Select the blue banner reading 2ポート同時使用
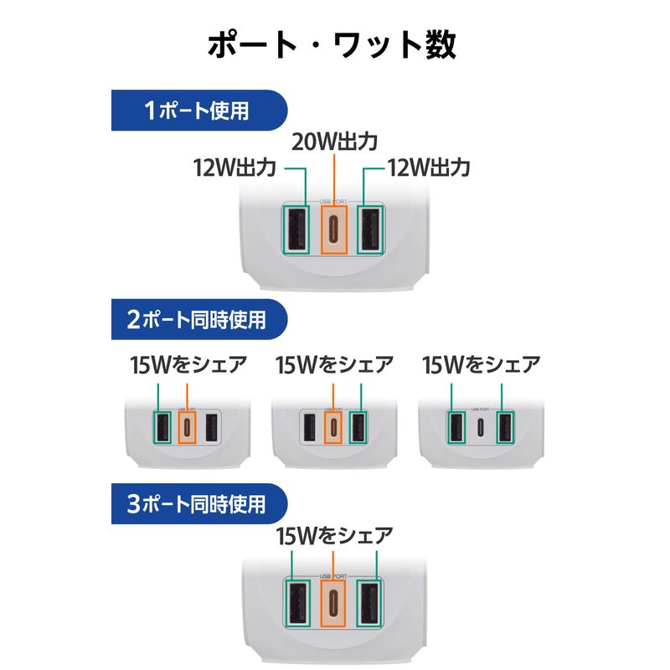tap(199, 318)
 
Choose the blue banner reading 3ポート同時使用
tap(199, 503)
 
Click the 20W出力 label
tap(333, 142)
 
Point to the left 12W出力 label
tap(234, 167)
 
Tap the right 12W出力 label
tap(429, 167)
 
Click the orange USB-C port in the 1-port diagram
tap(333, 228)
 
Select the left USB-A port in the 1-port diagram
tap(295, 228)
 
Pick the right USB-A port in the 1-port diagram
tap(372, 228)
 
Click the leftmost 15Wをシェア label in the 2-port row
tap(189, 365)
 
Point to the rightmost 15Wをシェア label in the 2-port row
tap(482, 365)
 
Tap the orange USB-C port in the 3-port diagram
tap(333, 603)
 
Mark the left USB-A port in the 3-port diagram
tap(295, 603)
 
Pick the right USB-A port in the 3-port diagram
tap(372, 603)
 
